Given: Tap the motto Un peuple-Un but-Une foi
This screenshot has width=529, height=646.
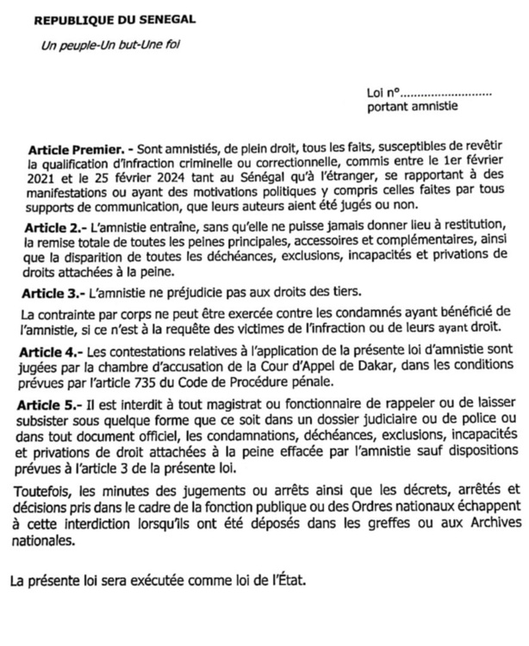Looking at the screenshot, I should [x=99, y=44].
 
